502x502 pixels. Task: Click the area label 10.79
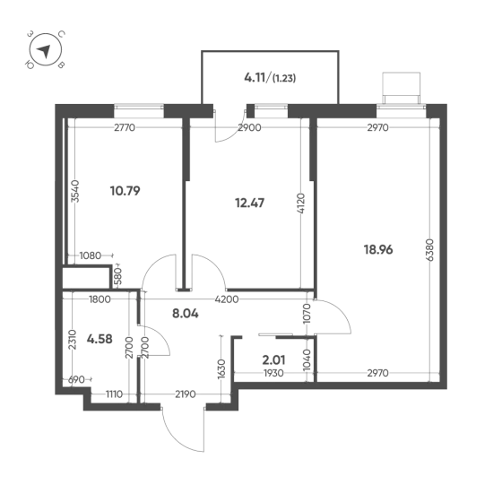(125, 191)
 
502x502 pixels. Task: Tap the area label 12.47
(250, 203)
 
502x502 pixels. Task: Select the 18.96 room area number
(378, 249)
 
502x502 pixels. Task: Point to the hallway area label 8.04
(186, 314)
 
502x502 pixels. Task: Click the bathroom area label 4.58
(100, 339)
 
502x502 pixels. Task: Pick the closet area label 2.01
(273, 360)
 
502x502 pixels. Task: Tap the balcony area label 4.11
(255, 77)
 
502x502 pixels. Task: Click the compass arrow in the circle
(44, 51)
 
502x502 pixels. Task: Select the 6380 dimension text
(430, 250)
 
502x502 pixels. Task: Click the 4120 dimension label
(301, 203)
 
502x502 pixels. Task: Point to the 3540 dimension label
(75, 191)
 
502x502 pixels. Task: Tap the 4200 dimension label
(227, 299)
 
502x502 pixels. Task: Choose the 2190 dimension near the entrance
(186, 394)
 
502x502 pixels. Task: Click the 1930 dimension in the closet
(273, 373)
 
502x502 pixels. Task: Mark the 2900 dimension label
(250, 127)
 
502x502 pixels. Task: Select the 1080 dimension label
(91, 255)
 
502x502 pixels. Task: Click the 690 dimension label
(77, 380)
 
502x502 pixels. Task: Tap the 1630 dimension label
(221, 368)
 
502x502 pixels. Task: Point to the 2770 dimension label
(125, 127)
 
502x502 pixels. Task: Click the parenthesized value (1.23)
(284, 78)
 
